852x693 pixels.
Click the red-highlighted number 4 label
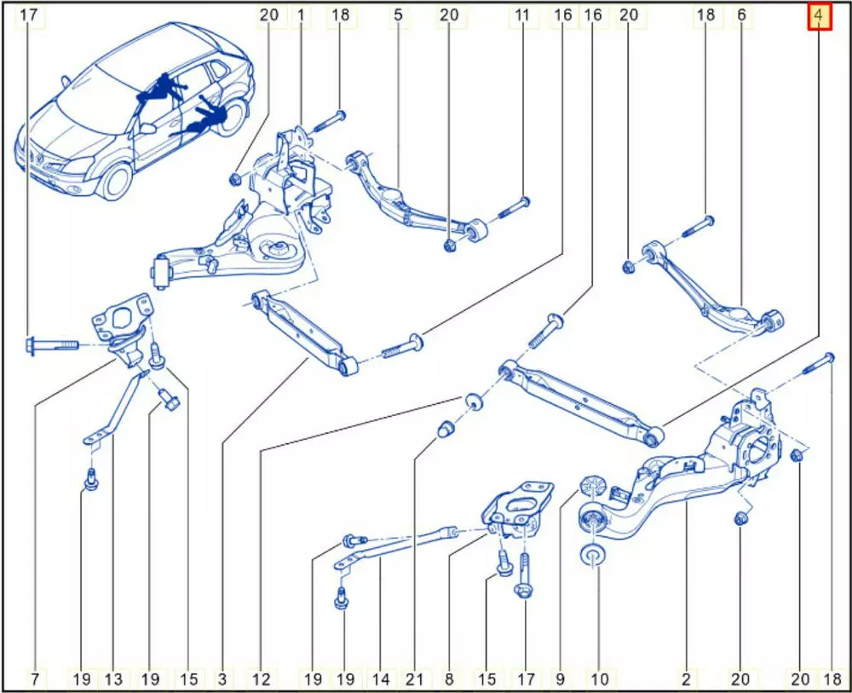(819, 15)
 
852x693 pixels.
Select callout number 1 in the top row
(301, 15)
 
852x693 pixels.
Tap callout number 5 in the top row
(398, 15)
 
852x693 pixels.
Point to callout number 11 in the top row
(522, 15)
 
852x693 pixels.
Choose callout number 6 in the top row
(742, 15)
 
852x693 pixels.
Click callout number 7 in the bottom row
(35, 679)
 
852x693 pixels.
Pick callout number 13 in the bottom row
(113, 679)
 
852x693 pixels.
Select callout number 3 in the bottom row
(222, 679)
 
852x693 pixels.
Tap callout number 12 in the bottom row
(262, 679)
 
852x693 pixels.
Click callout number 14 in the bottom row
(381, 679)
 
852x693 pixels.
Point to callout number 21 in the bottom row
(415, 679)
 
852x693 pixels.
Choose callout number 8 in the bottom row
(449, 679)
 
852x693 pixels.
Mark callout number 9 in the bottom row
(561, 679)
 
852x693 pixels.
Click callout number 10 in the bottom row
(599, 679)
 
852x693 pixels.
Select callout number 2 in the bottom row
(686, 679)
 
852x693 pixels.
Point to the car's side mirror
(147, 129)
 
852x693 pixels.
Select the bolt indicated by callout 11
(513, 207)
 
